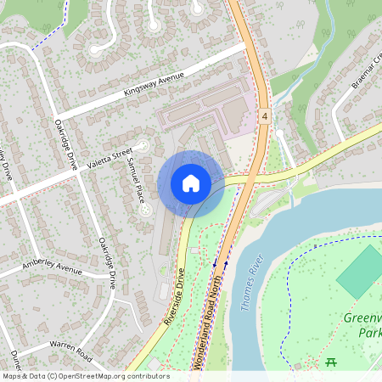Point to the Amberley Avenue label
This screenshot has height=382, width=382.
click(x=52, y=267)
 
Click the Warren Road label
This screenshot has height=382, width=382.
click(x=70, y=347)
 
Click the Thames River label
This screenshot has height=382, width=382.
click(x=248, y=284)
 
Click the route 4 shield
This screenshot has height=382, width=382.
click(x=265, y=115)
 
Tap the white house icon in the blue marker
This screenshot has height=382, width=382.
click(x=191, y=183)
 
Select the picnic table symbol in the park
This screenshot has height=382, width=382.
click(x=330, y=362)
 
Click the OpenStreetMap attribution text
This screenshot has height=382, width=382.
click(x=86, y=376)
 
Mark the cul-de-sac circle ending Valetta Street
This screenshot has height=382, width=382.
click(x=143, y=146)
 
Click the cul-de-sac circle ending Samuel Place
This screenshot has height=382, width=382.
click(x=147, y=208)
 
